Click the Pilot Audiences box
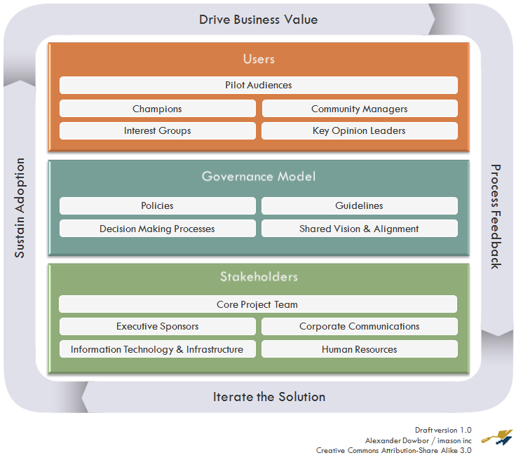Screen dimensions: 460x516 click(x=258, y=86)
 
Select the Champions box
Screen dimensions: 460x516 click(x=157, y=109)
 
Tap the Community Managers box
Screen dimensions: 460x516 click(x=359, y=109)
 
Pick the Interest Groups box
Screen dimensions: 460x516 click(x=157, y=131)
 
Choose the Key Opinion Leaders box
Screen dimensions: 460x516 click(x=359, y=131)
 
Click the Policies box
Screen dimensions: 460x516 click(x=157, y=206)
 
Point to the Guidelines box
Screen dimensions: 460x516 click(x=359, y=206)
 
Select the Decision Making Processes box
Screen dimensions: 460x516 click(x=157, y=229)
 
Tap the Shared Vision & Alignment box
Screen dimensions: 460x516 click(x=359, y=229)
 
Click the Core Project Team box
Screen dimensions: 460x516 click(x=257, y=304)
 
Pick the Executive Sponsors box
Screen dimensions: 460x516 click(x=157, y=327)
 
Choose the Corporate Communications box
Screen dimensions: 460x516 click(x=359, y=327)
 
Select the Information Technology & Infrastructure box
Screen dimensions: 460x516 click(x=157, y=349)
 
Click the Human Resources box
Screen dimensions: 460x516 click(x=359, y=349)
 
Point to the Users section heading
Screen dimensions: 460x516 click(x=258, y=60)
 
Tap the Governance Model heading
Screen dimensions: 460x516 click(x=258, y=177)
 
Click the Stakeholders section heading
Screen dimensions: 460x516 click(x=258, y=277)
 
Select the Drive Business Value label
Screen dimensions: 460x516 click(x=258, y=20)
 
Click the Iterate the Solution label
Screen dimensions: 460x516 click(x=269, y=397)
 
